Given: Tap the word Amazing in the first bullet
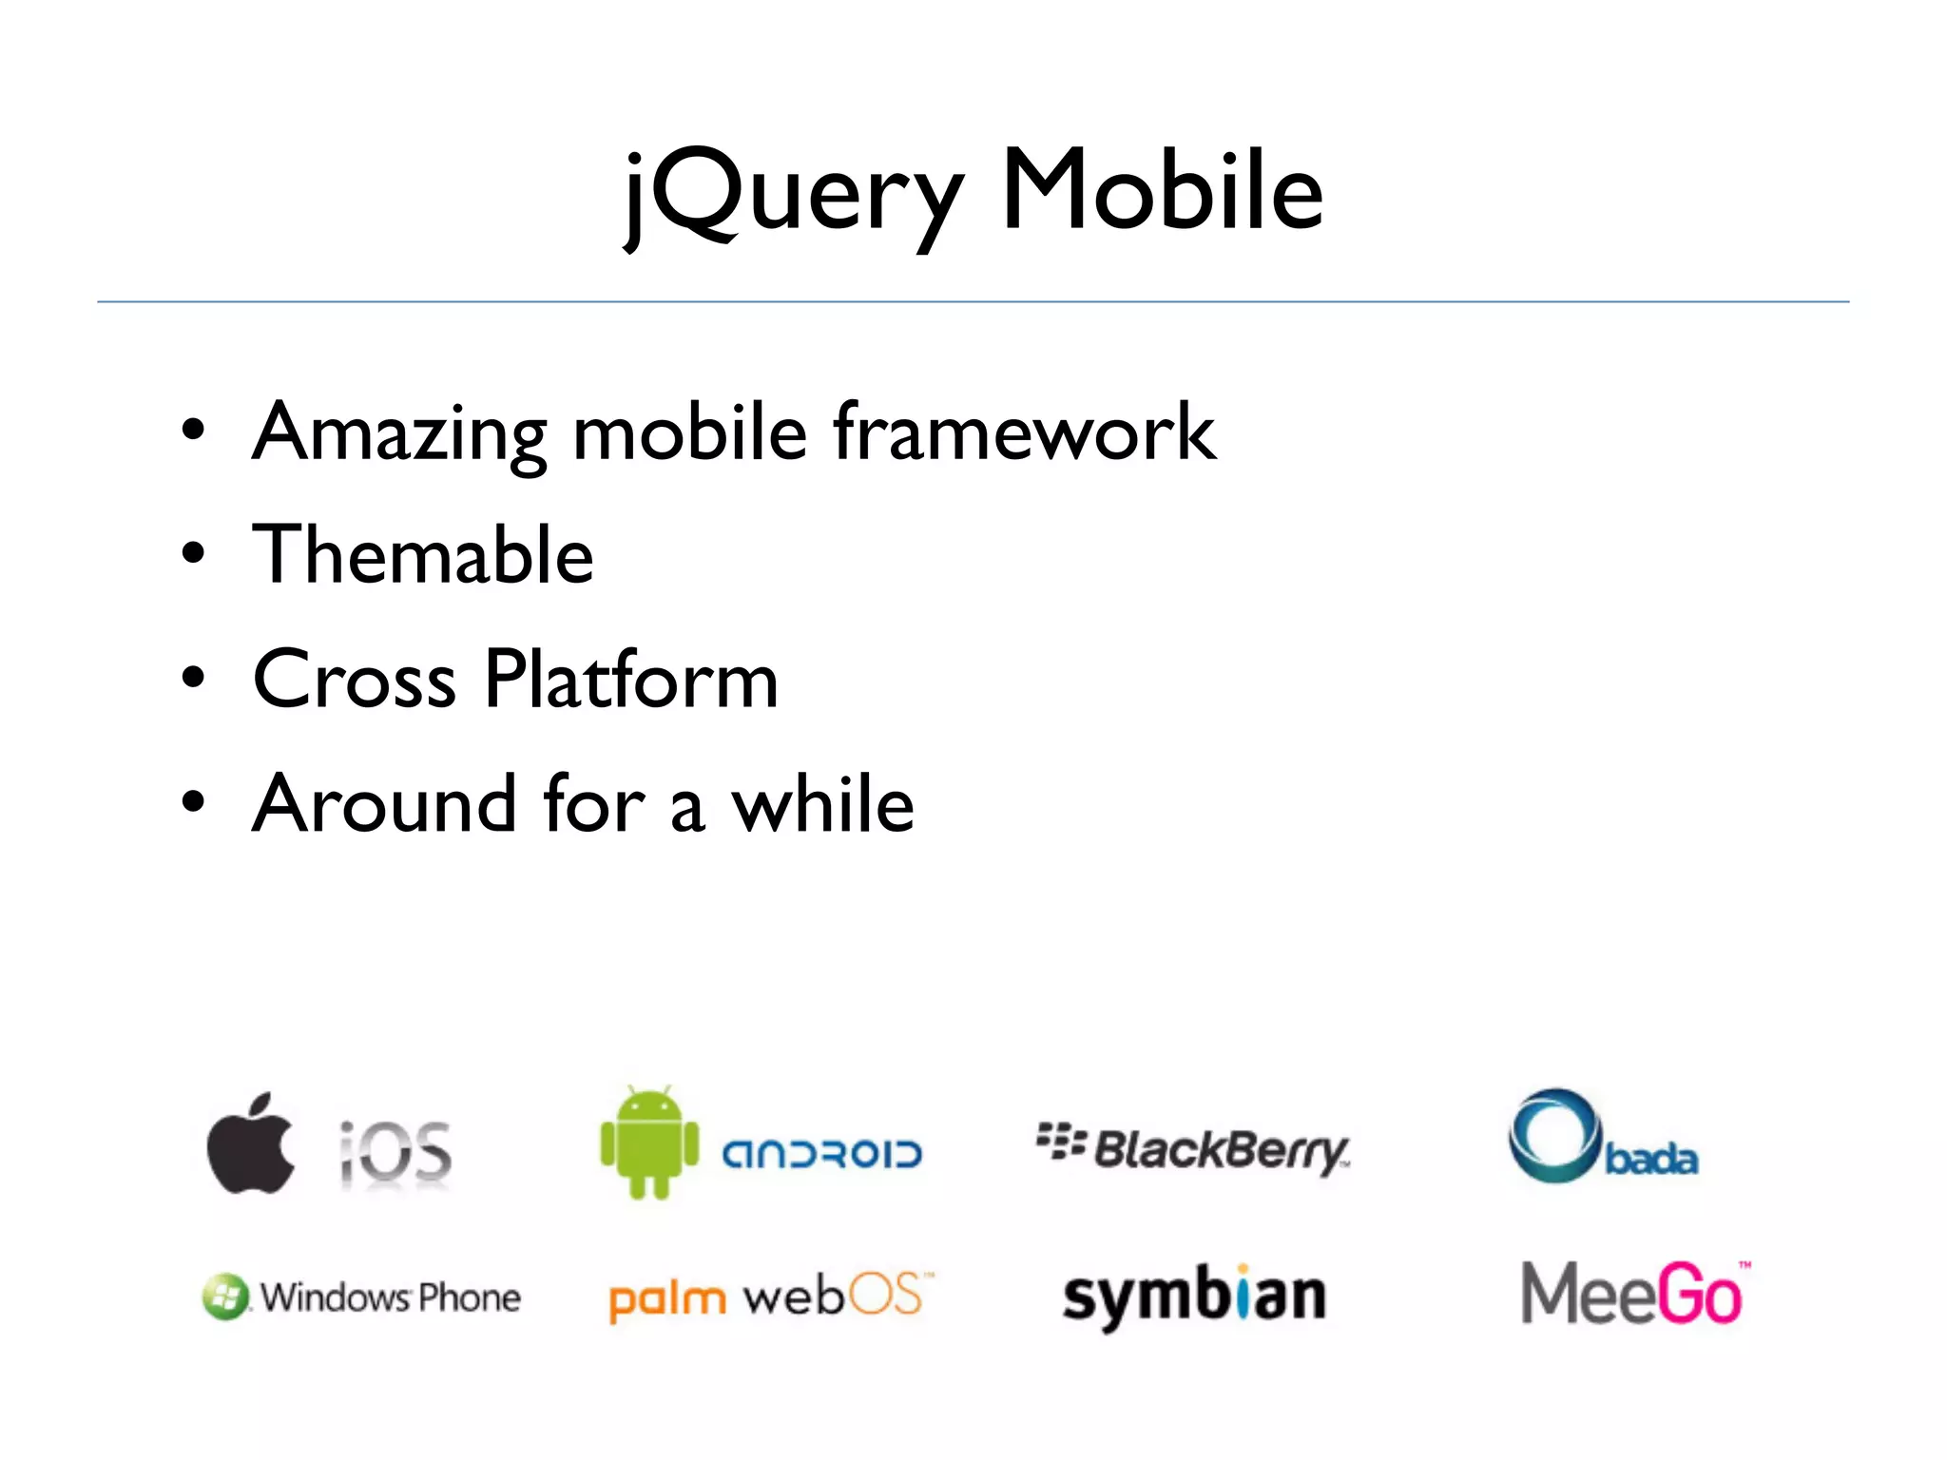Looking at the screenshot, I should (x=399, y=433).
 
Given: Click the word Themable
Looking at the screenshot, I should (x=423, y=555).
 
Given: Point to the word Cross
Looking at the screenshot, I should (x=355, y=679).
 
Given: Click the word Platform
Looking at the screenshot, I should (x=631, y=679).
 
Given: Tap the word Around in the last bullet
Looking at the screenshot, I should (x=384, y=803).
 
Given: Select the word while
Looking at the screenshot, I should (x=822, y=803).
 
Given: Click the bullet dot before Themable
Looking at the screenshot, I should (x=193, y=554).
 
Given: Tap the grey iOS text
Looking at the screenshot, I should (x=395, y=1152).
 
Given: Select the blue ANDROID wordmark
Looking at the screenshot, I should (x=822, y=1154).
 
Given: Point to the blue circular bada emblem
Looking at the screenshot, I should (x=1553, y=1135).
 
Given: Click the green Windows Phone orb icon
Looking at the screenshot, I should (x=225, y=1297).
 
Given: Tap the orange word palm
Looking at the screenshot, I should (x=666, y=1298).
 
